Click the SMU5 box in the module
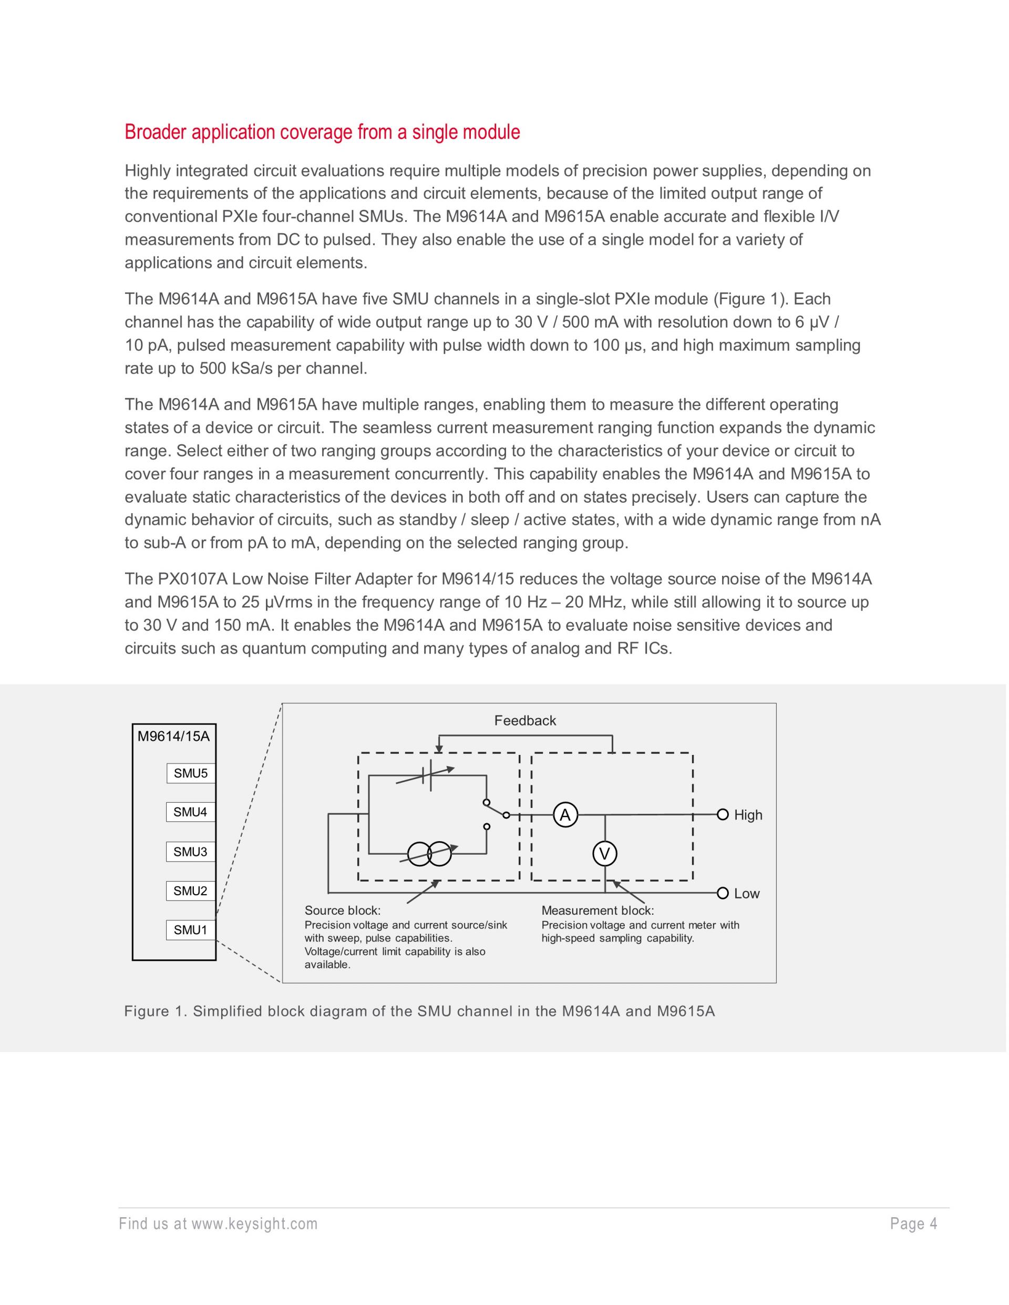tap(191, 773)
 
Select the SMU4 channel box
tap(191, 812)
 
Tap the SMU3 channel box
tap(191, 852)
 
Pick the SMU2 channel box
tap(191, 891)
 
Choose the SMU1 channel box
tap(191, 930)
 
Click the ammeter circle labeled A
tap(565, 815)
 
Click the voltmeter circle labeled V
tap(605, 854)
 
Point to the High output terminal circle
tap(723, 814)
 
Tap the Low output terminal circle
tap(723, 893)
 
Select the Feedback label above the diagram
tap(525, 721)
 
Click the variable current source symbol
tap(429, 854)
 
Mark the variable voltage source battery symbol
tap(426, 775)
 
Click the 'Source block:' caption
tap(343, 910)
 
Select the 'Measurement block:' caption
tap(598, 910)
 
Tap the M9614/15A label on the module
tap(173, 736)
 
